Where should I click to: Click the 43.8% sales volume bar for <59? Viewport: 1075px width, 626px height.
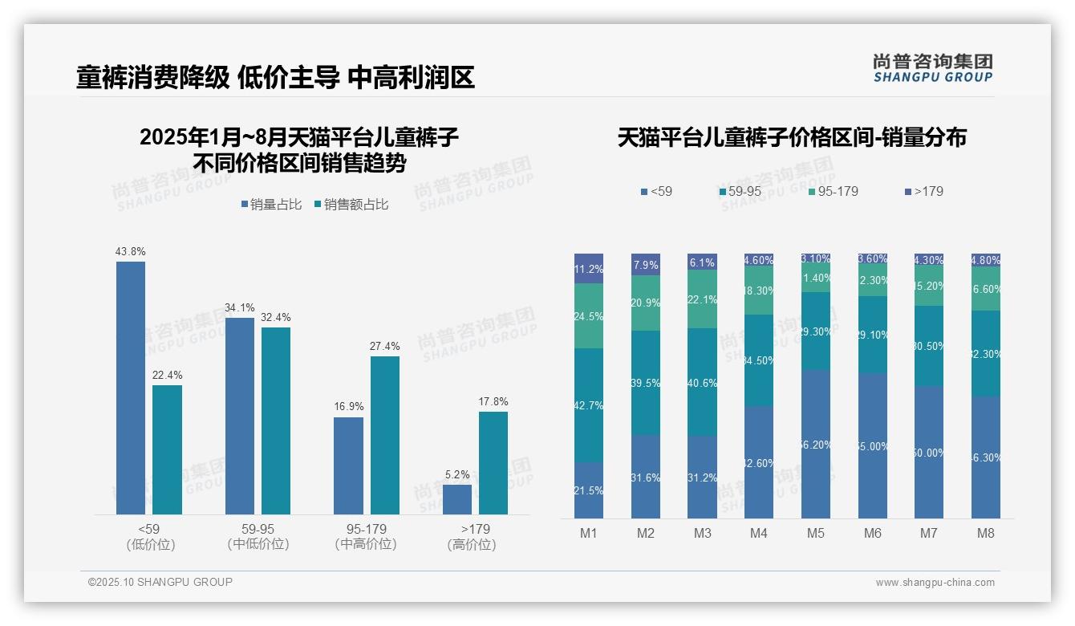click(131, 388)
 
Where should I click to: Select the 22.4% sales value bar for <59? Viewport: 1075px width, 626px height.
click(167, 449)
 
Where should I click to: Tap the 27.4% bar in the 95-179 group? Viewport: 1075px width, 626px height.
click(384, 435)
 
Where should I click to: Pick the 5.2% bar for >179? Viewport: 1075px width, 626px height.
click(456, 499)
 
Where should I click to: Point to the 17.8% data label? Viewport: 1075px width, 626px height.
click(493, 401)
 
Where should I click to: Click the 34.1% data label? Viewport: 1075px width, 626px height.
click(240, 307)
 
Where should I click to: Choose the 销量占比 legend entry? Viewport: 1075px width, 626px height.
click(271, 205)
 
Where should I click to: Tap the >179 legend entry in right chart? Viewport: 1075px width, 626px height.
click(923, 191)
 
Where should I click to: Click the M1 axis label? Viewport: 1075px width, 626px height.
click(589, 533)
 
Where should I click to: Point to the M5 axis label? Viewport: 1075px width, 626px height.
click(815, 533)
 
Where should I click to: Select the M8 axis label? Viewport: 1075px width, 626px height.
click(986, 533)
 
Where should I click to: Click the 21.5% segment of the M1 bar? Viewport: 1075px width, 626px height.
click(589, 490)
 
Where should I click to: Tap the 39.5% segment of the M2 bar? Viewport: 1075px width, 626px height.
click(646, 383)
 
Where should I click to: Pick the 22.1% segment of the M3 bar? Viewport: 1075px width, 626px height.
click(702, 299)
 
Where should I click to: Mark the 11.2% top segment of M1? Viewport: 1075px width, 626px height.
click(589, 268)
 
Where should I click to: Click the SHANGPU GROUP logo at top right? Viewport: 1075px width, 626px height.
click(932, 68)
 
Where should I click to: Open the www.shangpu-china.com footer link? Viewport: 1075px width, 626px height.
click(935, 583)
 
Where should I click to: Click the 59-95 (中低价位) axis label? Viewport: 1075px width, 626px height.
click(258, 537)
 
